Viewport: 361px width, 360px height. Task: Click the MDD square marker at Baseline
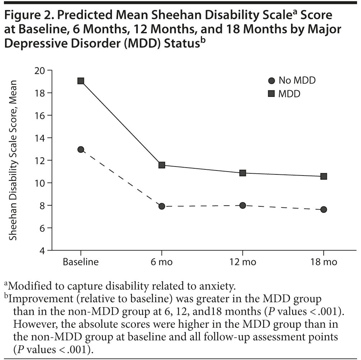tap(81, 81)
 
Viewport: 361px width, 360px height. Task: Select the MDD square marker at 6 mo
tap(162, 165)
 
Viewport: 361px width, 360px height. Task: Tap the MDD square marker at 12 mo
tap(243, 173)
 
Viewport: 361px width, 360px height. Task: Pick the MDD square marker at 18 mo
tap(324, 176)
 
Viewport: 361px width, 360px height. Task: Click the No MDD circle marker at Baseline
tap(81, 149)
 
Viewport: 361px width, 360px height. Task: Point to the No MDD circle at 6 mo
tap(162, 206)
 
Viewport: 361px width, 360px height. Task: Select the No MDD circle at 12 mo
tap(243, 205)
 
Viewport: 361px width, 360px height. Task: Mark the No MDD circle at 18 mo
tap(324, 210)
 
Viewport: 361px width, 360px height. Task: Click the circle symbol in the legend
tap(272, 80)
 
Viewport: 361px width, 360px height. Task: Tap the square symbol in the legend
tap(272, 94)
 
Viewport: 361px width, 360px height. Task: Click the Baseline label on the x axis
tap(81, 262)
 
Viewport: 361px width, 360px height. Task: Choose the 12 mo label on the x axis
tap(243, 262)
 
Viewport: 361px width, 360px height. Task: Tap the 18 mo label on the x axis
tap(324, 262)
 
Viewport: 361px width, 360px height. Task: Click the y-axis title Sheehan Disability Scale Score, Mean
tap(14, 160)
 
